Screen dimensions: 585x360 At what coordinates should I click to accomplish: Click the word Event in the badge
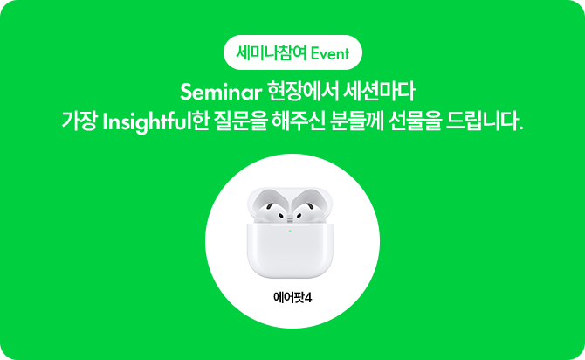[x=330, y=54]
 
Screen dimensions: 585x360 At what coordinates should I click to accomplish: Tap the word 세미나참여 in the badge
[x=272, y=53]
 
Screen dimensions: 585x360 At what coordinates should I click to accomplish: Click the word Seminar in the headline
[x=221, y=93]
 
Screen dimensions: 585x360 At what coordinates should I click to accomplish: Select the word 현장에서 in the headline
[x=303, y=92]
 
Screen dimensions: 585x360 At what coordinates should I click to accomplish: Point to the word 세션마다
[x=380, y=92]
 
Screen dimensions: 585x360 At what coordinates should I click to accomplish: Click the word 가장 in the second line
[x=79, y=121]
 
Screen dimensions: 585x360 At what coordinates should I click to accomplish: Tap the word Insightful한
[x=155, y=122]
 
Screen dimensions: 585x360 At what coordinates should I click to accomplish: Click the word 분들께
[x=356, y=121]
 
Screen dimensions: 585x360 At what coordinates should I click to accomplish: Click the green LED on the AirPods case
[x=290, y=232]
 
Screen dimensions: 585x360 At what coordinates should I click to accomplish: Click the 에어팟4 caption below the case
[x=292, y=298]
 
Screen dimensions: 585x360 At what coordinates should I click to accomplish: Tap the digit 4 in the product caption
[x=308, y=298]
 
